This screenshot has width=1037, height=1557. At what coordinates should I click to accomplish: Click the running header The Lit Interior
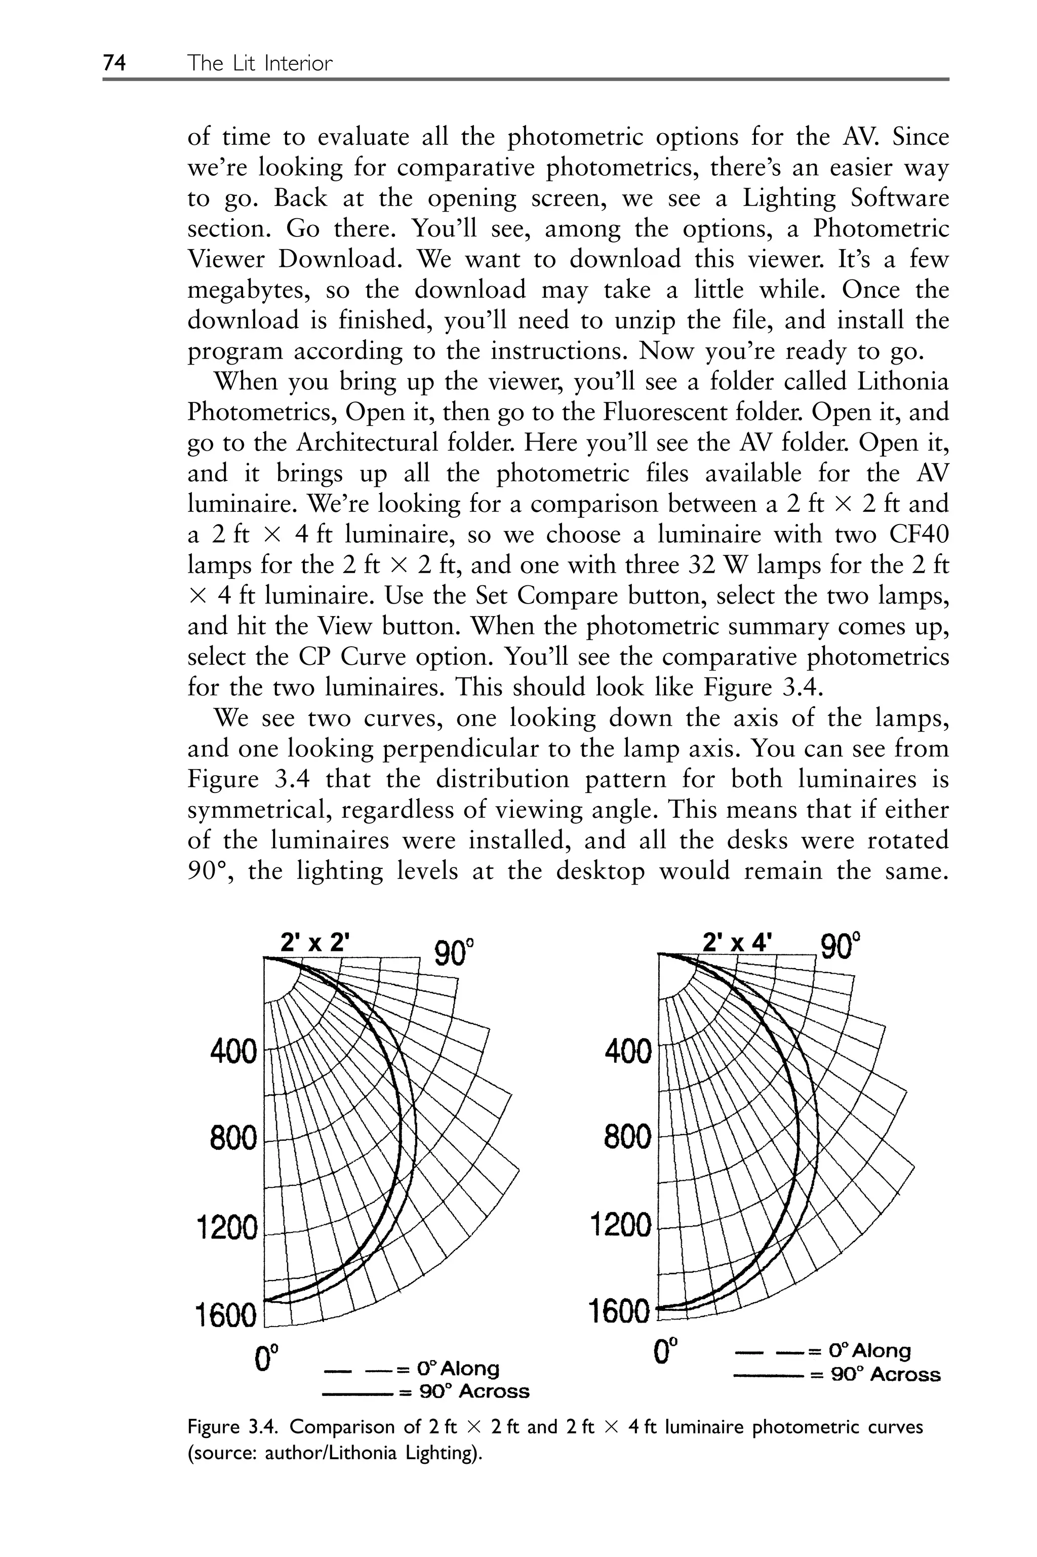pyautogui.click(x=259, y=63)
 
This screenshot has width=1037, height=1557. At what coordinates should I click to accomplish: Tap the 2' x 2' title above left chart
pyautogui.click(x=313, y=942)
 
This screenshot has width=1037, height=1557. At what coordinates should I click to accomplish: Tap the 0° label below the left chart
pyautogui.click(x=266, y=1355)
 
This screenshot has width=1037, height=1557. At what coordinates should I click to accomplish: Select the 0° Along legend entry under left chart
pyautogui.click(x=412, y=1368)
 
